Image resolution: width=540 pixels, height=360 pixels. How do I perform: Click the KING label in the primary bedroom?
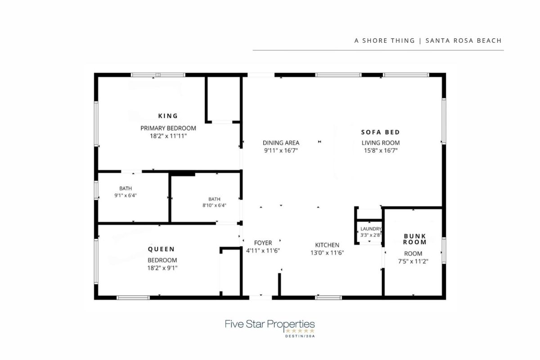(168, 116)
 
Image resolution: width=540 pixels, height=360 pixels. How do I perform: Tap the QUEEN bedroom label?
(161, 249)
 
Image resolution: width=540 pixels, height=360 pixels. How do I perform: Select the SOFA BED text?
(380, 132)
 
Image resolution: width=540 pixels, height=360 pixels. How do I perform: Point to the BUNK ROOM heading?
(414, 239)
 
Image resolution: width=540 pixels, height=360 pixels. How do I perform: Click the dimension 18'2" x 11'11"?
(168, 136)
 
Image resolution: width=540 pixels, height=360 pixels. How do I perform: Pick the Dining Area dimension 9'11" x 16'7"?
(281, 150)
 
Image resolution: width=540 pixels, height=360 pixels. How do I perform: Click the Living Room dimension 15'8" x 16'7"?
(381, 150)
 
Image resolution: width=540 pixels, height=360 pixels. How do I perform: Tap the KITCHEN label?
(327, 245)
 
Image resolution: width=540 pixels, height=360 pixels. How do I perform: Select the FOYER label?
(263, 243)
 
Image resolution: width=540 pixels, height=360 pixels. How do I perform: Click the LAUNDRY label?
(371, 229)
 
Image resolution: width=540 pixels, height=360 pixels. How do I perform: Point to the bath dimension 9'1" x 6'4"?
(126, 195)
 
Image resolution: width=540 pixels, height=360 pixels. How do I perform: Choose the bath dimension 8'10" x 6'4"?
(214, 206)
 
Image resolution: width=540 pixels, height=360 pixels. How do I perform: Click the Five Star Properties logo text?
(270, 324)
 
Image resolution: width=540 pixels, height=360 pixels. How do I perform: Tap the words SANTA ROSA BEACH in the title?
(463, 40)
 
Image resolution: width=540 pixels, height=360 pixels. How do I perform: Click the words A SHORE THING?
(384, 40)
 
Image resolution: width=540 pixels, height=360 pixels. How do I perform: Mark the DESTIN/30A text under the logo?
(300, 336)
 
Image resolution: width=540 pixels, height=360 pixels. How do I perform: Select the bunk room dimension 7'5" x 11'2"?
(413, 261)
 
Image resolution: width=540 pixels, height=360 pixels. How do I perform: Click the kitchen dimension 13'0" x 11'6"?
(327, 253)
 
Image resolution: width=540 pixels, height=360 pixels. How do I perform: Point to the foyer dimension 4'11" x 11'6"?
(263, 251)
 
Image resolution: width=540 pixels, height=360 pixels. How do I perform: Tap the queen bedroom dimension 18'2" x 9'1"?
(162, 268)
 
